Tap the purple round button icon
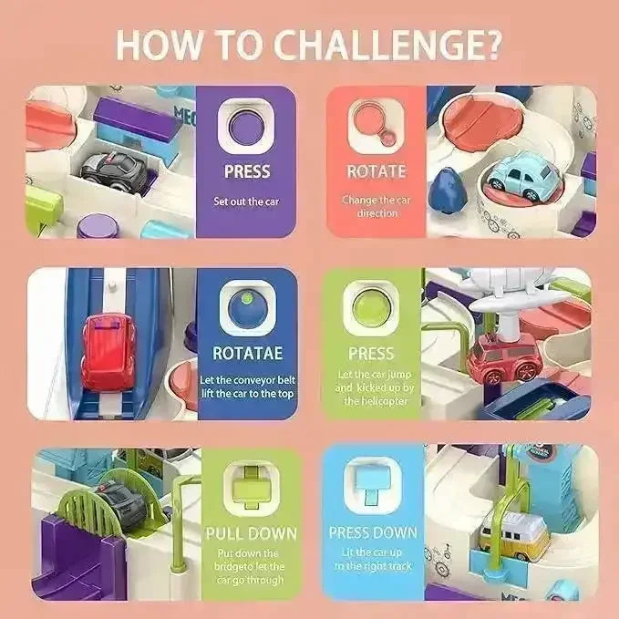tap(245, 127)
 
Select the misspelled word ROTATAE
tap(248, 354)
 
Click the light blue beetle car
tap(522, 176)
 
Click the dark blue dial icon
tap(247, 308)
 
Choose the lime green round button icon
tap(370, 307)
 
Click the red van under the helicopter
tap(504, 358)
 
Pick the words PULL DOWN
tap(252, 533)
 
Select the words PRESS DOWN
tap(373, 532)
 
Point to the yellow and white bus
tap(513, 536)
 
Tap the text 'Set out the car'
tap(246, 201)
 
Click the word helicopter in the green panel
tap(375, 401)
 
